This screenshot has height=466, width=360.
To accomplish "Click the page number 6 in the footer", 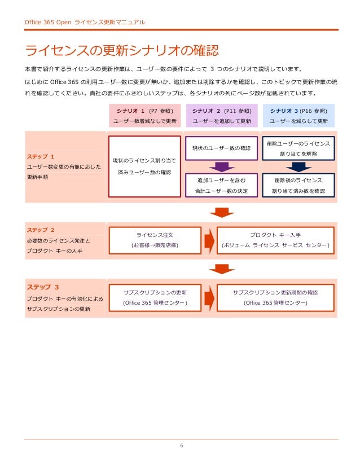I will pyautogui.click(x=181, y=446).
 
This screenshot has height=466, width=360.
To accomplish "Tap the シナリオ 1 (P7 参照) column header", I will pyautogui.click(x=144, y=115).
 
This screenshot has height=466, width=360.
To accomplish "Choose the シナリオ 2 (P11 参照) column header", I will pyautogui.click(x=222, y=115).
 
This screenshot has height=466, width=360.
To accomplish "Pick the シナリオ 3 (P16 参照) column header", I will pyautogui.click(x=298, y=115).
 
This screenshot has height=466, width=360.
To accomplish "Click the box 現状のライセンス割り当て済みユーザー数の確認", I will pyautogui.click(x=144, y=166).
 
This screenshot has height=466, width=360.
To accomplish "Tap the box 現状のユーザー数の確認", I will pyautogui.click(x=222, y=148).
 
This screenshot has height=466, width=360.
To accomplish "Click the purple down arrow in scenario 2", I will pyautogui.click(x=222, y=167).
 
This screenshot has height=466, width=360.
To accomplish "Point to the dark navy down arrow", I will pyautogui.click(x=298, y=167).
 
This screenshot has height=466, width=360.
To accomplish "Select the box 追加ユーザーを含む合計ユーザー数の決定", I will pyautogui.click(x=222, y=185).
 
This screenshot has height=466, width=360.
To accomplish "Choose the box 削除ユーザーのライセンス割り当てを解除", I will pyautogui.click(x=298, y=148).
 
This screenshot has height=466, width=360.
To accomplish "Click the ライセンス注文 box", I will pyautogui.click(x=155, y=240).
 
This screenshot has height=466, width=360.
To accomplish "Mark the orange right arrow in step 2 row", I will pyautogui.click(x=209, y=240).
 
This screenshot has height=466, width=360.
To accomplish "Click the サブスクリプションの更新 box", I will pyautogui.click(x=155, y=297).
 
